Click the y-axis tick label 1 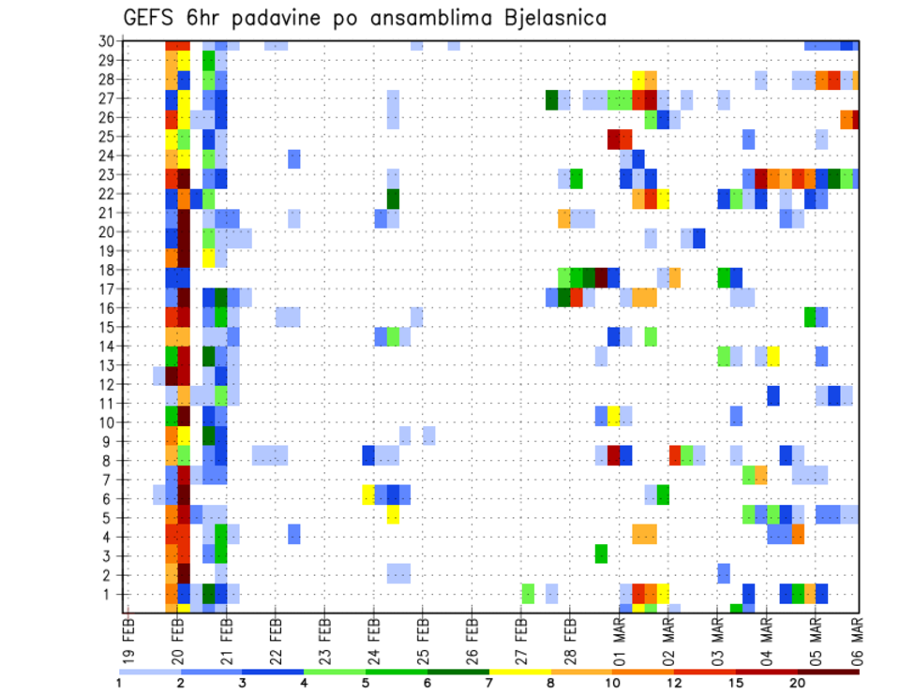click(x=110, y=594)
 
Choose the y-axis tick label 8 click(x=110, y=460)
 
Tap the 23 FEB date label click(x=324, y=634)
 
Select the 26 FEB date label click(x=472, y=634)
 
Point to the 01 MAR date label click(x=619, y=634)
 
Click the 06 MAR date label click(x=860, y=634)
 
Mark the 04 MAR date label click(x=766, y=634)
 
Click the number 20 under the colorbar click(x=798, y=683)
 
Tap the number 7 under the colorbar click(x=489, y=683)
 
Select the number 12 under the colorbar click(x=675, y=683)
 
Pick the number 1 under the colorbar click(x=119, y=683)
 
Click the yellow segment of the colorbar click(x=520, y=671)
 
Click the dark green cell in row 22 click(x=393, y=199)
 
